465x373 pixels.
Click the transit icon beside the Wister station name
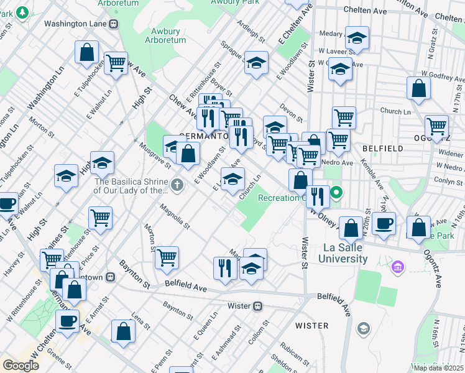click(258, 306)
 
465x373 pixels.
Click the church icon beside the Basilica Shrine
click(177, 184)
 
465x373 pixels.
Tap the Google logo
click(21, 366)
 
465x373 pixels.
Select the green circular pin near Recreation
click(336, 192)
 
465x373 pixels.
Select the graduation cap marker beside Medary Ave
click(357, 39)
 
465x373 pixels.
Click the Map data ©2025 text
click(438, 367)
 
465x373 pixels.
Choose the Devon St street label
click(291, 112)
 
